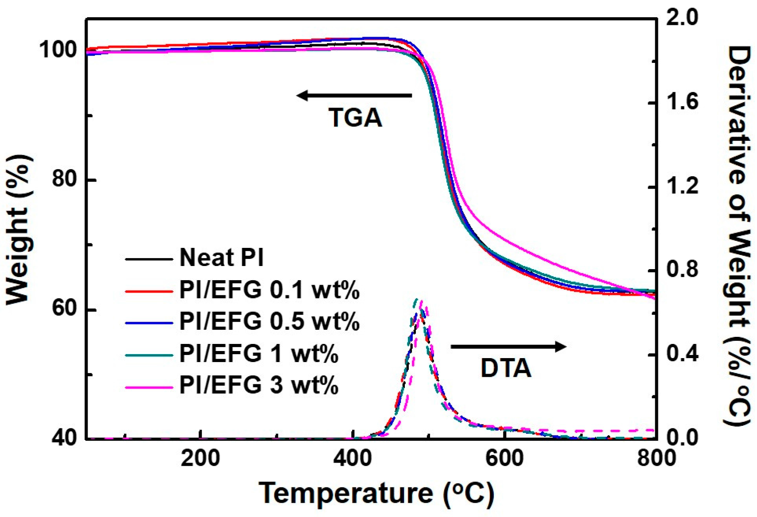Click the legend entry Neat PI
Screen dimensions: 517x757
click(221, 257)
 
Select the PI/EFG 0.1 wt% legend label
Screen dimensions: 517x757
click(269, 290)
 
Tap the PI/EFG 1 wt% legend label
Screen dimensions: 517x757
click(258, 353)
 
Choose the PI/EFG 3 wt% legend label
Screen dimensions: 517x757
click(258, 385)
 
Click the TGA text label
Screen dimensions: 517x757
click(355, 118)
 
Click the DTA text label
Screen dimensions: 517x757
click(506, 368)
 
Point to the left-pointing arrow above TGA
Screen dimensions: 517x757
click(354, 95)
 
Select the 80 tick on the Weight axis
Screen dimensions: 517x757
click(66, 180)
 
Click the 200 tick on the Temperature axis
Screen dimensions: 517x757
click(200, 458)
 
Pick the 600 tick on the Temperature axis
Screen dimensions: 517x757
click(504, 458)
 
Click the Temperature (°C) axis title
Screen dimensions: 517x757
click(376, 493)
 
